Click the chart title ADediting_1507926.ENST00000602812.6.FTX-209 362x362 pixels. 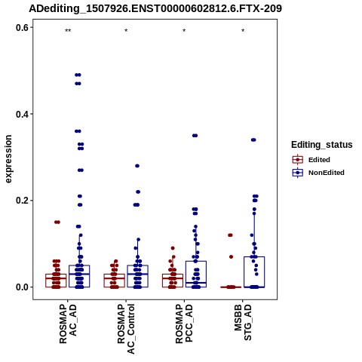click(155, 9)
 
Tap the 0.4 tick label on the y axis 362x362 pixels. click(22, 114)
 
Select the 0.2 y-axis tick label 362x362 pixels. click(22, 201)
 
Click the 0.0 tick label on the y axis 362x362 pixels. click(22, 287)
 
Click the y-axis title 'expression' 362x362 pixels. click(8, 159)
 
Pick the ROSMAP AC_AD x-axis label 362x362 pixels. click(68, 324)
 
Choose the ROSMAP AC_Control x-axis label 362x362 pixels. click(126, 329)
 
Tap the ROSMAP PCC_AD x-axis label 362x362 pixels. click(184, 324)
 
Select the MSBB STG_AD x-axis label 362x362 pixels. click(243, 322)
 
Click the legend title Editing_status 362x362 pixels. click(322, 145)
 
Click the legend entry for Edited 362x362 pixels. click(311, 160)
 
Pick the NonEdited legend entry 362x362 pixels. click(318, 173)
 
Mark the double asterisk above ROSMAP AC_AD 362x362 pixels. click(68, 31)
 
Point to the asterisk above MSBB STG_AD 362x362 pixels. click(243, 31)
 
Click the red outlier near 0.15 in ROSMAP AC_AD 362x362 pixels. click(57, 222)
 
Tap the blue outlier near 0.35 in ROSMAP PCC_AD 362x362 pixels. click(195, 136)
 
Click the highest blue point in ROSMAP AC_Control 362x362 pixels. click(137, 166)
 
